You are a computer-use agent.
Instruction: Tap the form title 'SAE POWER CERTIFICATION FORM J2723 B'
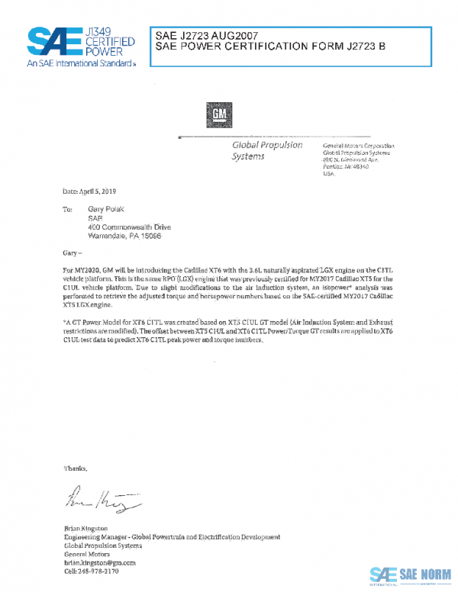click(270, 47)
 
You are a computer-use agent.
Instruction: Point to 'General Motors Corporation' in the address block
click(359, 145)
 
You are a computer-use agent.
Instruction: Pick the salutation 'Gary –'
click(73, 252)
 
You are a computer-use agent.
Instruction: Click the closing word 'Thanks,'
click(76, 468)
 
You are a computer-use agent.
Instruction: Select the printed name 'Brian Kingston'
click(85, 529)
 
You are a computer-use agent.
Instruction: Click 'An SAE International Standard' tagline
click(79, 64)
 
